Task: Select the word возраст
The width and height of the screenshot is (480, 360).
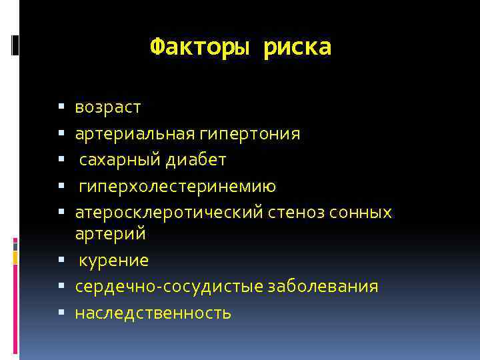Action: coord(108,107)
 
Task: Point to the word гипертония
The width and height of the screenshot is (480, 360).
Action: coord(249,134)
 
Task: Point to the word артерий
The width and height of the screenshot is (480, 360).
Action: coord(111,235)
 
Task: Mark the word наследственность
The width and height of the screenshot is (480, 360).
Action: coord(153,313)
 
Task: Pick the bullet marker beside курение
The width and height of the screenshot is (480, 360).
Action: coord(61,260)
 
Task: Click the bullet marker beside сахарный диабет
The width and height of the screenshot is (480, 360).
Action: coord(61,160)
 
